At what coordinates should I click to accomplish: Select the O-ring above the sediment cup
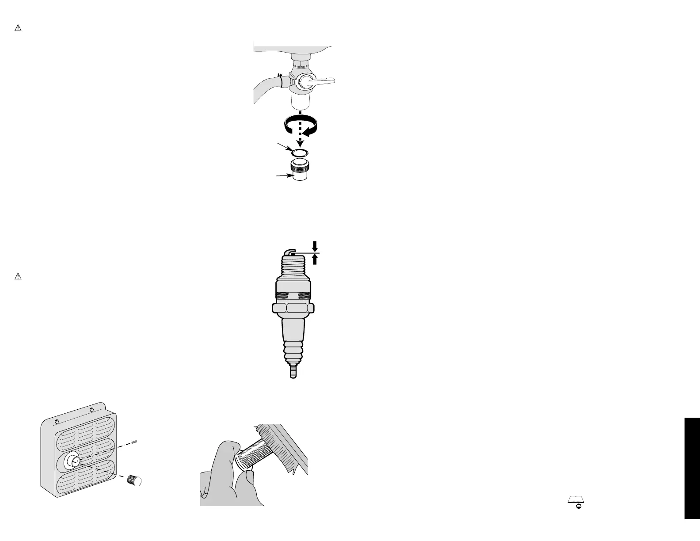pyautogui.click(x=300, y=152)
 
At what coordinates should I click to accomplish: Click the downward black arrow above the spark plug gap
pyautogui.click(x=315, y=245)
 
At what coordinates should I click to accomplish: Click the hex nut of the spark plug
pyautogui.click(x=293, y=308)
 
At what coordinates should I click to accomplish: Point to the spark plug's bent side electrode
pyautogui.click(x=288, y=251)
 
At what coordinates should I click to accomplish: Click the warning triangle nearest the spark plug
pyautogui.click(x=18, y=277)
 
